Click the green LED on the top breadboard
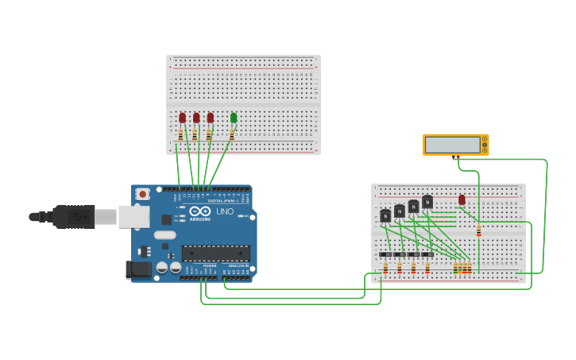point(234,118)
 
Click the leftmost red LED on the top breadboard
point(182,118)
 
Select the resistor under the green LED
point(232,135)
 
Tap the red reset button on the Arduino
point(142,193)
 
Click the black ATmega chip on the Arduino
point(215,254)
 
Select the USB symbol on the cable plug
point(79,216)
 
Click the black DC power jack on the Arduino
point(138,269)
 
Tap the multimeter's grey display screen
point(453,145)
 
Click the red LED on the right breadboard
point(462,199)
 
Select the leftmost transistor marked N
point(385,215)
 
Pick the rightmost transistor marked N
point(427,202)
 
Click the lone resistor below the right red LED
point(478,230)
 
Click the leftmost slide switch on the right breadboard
point(385,254)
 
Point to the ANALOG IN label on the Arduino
point(238,265)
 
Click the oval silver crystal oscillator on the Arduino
point(164,234)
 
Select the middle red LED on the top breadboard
point(196,118)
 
